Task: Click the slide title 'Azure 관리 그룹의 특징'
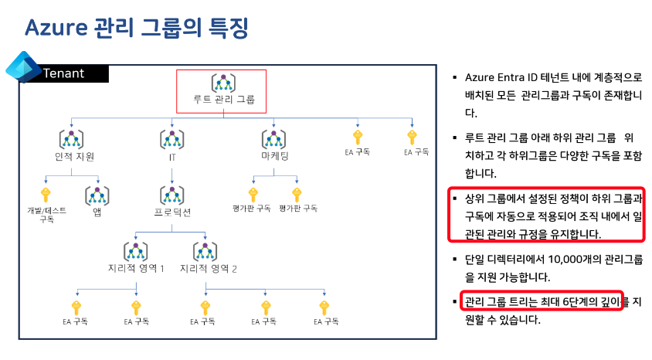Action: pos(136,28)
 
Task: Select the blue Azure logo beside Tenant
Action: pos(22,68)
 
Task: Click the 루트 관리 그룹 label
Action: pos(223,100)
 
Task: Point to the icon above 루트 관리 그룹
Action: pos(222,82)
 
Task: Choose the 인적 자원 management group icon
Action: pos(72,139)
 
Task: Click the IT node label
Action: pos(172,157)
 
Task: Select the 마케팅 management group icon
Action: pos(274,139)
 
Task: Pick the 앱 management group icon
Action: pos(97,194)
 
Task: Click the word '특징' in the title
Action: pos(227,28)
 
